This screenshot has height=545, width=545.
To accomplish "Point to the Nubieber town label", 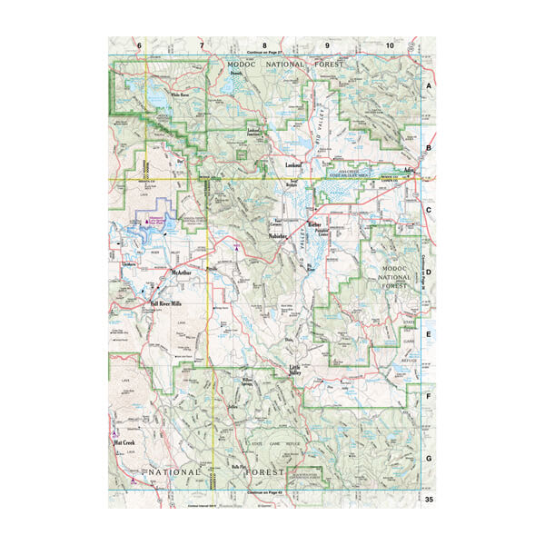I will pos(280,237).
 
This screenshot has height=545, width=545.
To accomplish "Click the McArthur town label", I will pos(182,272).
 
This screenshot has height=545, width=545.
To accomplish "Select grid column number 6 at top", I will pos(140,45).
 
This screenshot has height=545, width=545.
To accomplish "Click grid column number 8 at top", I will pos(264,45).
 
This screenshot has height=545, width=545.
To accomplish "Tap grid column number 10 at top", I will pos(390,45).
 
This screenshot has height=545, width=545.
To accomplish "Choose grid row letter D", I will pos(429,271).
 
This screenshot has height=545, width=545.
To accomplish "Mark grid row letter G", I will pos(429,459).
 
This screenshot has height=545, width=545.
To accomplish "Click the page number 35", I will pos(427,499).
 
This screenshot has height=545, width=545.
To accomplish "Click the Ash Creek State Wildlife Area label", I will pos(350,173).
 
